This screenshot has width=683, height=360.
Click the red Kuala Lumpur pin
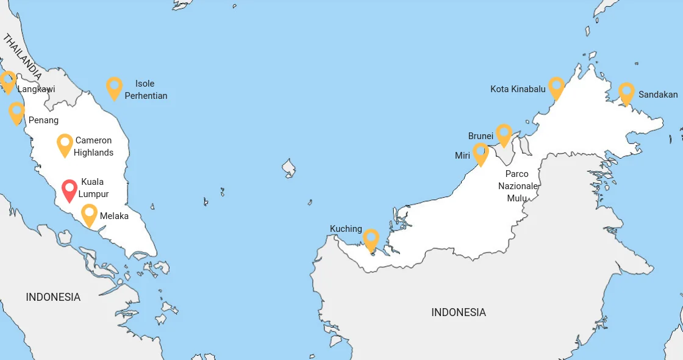tap(70, 189)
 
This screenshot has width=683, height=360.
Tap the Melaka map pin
tap(90, 214)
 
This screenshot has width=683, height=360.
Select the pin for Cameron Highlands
tap(65, 144)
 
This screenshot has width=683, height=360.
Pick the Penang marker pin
tap(16, 112)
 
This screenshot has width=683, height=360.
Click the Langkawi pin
tap(8, 81)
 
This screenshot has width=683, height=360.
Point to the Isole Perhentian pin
tap(114, 87)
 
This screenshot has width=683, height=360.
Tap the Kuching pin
tap(371, 239)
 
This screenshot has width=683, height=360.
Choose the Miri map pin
tap(481, 153)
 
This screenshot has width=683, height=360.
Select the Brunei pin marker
tap(503, 134)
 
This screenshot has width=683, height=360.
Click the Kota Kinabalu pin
tap(556, 87)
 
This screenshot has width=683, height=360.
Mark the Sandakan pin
tap(626, 92)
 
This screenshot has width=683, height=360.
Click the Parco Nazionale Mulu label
tap(517, 185)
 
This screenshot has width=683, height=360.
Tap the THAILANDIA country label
tap(23, 57)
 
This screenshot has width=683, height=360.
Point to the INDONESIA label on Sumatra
tap(53, 297)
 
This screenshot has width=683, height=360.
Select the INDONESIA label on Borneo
tap(459, 312)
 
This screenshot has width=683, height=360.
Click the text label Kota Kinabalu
tap(518, 89)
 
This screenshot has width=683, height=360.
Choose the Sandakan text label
tap(658, 95)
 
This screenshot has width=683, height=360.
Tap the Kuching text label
tap(346, 229)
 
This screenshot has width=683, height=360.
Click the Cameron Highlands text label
tap(93, 146)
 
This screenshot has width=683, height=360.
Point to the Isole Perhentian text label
tap(146, 90)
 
